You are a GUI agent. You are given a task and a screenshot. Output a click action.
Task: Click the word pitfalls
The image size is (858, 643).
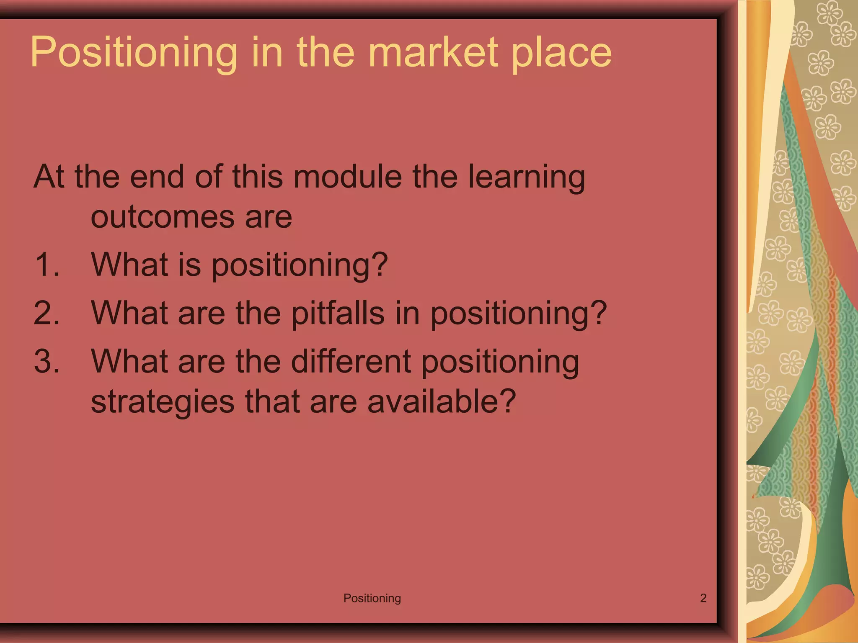(338, 313)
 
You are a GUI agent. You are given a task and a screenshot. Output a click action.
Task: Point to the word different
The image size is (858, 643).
(351, 361)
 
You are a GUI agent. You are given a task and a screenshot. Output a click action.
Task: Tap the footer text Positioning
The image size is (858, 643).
(372, 598)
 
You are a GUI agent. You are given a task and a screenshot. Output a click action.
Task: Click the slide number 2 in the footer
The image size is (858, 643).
(703, 598)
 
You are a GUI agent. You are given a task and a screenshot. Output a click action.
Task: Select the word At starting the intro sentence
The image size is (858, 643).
(49, 176)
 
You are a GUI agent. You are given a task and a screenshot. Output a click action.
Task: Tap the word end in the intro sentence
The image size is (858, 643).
(157, 176)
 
